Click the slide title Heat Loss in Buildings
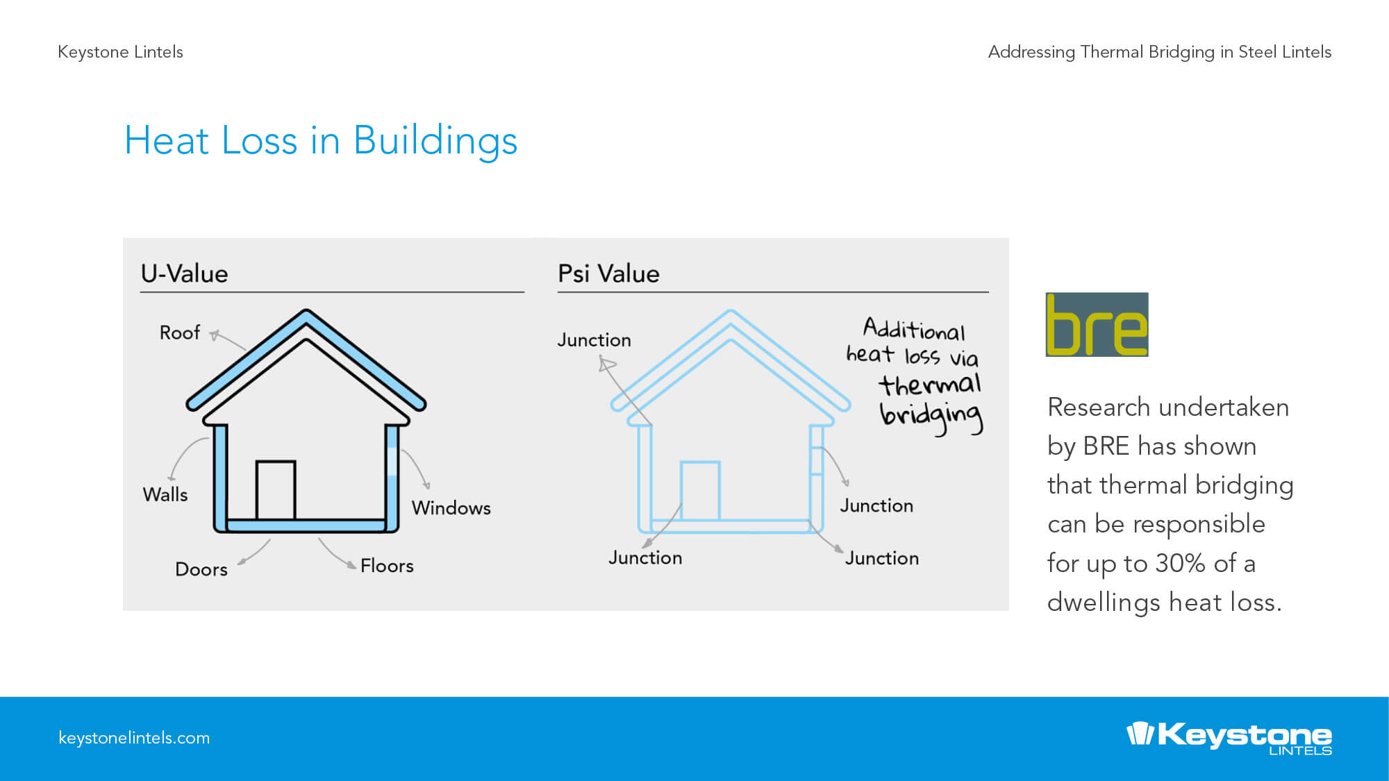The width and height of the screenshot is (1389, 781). click(x=321, y=142)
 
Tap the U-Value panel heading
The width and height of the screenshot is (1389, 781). click(x=184, y=274)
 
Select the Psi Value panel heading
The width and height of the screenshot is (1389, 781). click(x=608, y=274)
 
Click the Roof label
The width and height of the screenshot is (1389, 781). click(x=180, y=333)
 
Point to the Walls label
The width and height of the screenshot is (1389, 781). click(x=165, y=494)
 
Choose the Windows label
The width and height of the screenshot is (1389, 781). click(x=451, y=507)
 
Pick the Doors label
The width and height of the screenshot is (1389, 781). click(x=201, y=569)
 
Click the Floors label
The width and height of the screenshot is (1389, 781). click(x=387, y=566)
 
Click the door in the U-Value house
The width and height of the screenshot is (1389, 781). click(x=276, y=490)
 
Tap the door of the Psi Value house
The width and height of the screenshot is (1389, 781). click(x=700, y=491)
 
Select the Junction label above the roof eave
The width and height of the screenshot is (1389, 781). click(x=594, y=340)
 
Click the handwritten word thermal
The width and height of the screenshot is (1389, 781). click(x=929, y=384)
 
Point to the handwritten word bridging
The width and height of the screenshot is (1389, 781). click(x=931, y=417)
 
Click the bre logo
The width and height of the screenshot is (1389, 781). click(x=1097, y=324)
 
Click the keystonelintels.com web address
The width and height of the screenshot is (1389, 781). click(x=134, y=738)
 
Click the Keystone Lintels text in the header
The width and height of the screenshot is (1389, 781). click(x=120, y=52)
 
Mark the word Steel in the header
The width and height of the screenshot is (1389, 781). click(x=1258, y=52)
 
